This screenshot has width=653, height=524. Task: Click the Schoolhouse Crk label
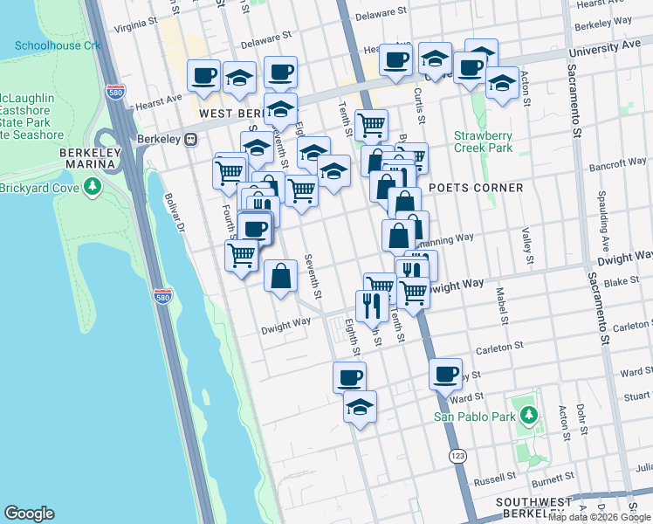coord(58,45)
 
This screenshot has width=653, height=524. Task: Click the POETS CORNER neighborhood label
coord(476,188)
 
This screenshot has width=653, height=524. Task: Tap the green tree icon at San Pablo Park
coord(527,416)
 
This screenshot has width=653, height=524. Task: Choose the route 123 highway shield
coord(457,457)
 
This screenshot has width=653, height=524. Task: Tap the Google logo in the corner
coord(29,514)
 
